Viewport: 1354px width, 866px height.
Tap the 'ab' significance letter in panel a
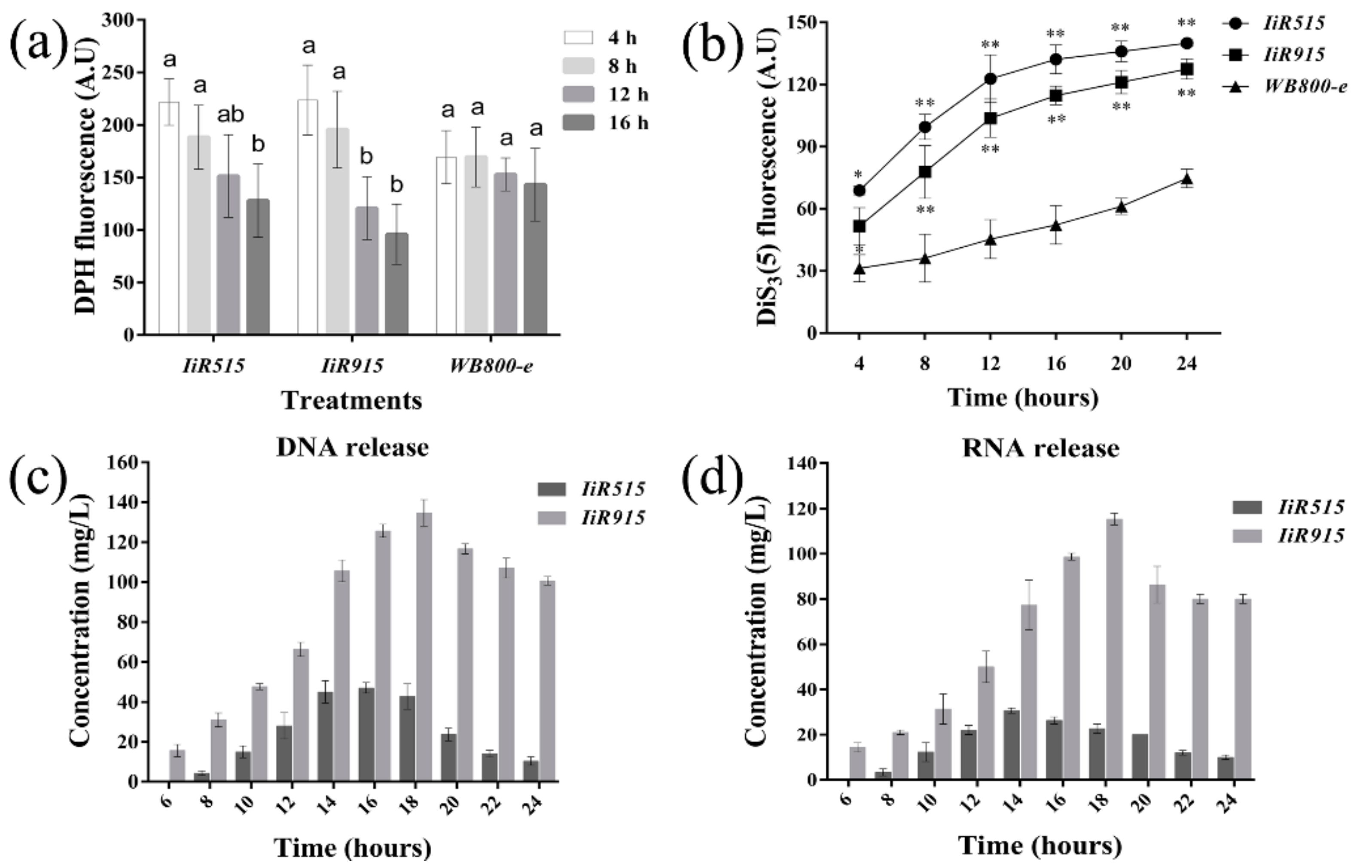click(231, 115)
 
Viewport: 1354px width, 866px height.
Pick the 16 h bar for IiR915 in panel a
click(396, 284)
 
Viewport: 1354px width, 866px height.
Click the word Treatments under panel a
click(352, 401)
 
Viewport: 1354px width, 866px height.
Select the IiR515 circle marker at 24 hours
click(1186, 43)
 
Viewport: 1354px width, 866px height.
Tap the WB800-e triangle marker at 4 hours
click(859, 269)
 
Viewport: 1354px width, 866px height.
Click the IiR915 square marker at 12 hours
click(990, 118)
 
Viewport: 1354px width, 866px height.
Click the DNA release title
click(353, 448)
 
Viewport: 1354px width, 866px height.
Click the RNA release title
click(1040, 448)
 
